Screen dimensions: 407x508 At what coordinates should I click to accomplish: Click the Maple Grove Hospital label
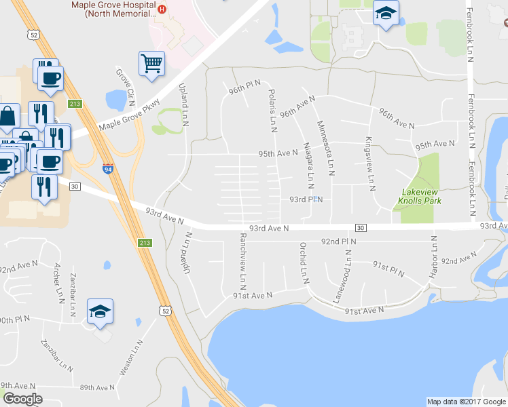(115, 7)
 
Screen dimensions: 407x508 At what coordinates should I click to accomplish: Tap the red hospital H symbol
(162, 9)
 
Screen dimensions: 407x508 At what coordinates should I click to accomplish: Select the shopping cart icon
(151, 63)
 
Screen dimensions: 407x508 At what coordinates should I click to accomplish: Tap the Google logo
(22, 399)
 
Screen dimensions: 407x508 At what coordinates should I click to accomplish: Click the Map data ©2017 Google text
(466, 402)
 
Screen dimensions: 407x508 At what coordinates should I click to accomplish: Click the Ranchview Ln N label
(242, 258)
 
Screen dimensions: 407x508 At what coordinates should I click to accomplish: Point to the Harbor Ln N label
(433, 256)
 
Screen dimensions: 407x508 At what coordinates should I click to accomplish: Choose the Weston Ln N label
(131, 358)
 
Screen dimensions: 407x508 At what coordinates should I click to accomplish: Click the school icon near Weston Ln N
(100, 312)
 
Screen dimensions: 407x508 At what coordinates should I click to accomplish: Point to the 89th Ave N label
(97, 387)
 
